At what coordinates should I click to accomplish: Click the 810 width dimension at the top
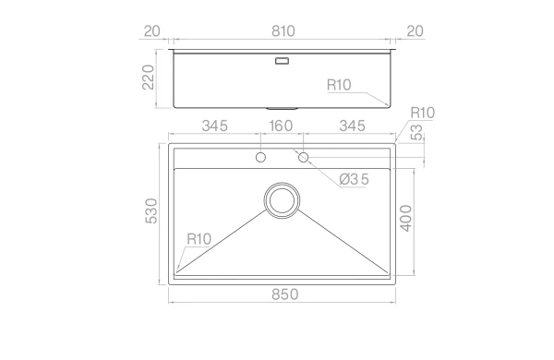pos(283,31)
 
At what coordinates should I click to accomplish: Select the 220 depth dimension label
pos(149,77)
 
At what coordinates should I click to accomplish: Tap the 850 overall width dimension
pos(284,294)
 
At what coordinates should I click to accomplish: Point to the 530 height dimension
pos(151,210)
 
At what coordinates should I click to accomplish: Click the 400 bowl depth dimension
pos(406,219)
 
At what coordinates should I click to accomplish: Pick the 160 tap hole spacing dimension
pos(281,126)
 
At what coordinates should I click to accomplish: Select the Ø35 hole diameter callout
pos(354,179)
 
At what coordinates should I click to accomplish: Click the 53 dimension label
pos(417,133)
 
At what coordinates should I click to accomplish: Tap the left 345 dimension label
pos(215,126)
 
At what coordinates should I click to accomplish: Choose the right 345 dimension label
pos(353,126)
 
